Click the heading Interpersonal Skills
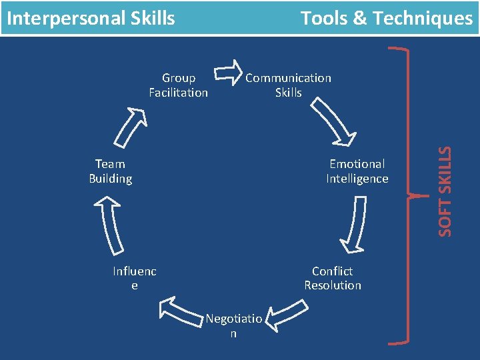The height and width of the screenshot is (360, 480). coord(91,18)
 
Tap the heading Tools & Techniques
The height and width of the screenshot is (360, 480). coord(386,18)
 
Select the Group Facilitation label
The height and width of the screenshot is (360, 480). coord(178,85)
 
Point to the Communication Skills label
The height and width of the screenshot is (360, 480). coord(288,85)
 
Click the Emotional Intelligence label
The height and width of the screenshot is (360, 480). coord(357,171)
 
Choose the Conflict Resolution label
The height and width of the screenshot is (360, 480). coord(333,278)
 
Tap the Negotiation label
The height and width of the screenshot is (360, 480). coord(233,326)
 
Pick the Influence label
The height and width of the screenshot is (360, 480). coord(135,278)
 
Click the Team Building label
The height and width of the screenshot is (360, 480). coord(110,171)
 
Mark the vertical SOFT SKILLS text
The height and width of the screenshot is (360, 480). coord(445,190)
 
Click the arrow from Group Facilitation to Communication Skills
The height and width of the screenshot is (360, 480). coord(229,73)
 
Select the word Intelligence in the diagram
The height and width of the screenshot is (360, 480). coord(357,179)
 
